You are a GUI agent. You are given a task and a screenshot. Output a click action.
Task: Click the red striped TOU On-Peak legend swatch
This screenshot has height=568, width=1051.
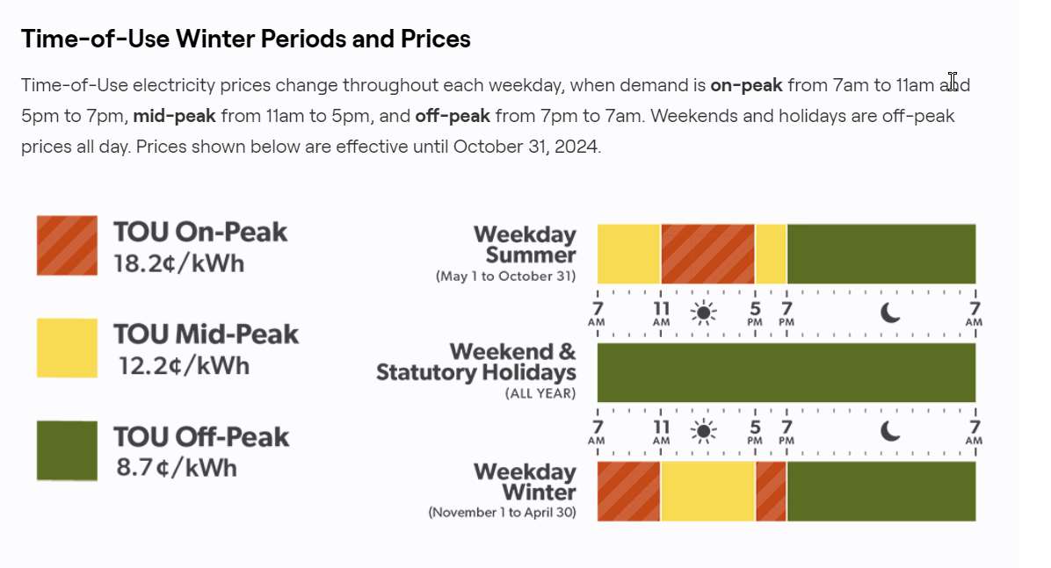(67, 245)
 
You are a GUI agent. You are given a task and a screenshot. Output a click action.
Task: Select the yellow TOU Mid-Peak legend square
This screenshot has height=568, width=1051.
(67, 348)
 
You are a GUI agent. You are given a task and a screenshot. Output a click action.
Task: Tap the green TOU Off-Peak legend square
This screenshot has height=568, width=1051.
(67, 450)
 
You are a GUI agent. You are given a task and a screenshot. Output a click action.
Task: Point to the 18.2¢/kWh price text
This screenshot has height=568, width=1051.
(179, 263)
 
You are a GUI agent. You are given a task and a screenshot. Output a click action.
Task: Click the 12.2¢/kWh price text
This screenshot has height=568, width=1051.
(185, 366)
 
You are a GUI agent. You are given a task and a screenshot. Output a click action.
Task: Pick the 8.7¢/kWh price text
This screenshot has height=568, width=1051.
(177, 468)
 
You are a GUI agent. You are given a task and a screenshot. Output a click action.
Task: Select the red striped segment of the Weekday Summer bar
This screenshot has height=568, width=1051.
(707, 254)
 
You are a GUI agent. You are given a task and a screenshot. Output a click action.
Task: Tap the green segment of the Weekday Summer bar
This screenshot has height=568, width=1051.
(881, 254)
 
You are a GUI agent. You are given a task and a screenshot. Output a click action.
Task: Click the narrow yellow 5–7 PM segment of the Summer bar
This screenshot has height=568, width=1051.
(771, 254)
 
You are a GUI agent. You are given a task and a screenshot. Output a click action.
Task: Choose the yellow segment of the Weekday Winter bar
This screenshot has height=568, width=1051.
(707, 491)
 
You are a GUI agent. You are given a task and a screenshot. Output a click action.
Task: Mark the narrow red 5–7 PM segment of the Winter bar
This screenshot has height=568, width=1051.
(772, 491)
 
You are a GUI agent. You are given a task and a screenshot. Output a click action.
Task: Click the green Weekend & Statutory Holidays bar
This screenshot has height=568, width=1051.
(786, 372)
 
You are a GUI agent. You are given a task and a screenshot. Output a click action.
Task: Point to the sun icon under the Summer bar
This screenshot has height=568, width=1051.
(704, 313)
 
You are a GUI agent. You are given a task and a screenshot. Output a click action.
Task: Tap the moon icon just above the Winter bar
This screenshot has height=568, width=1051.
(890, 431)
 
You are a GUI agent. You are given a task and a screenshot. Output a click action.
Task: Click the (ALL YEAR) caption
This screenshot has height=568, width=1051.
(540, 393)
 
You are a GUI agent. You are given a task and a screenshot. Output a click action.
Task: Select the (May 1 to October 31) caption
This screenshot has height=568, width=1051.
(505, 276)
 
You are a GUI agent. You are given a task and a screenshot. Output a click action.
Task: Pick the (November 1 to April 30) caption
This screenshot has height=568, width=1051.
(502, 513)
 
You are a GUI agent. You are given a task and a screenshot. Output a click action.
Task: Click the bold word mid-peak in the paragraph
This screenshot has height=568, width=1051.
(174, 116)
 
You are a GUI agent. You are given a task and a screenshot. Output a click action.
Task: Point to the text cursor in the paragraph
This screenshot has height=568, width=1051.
(953, 81)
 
